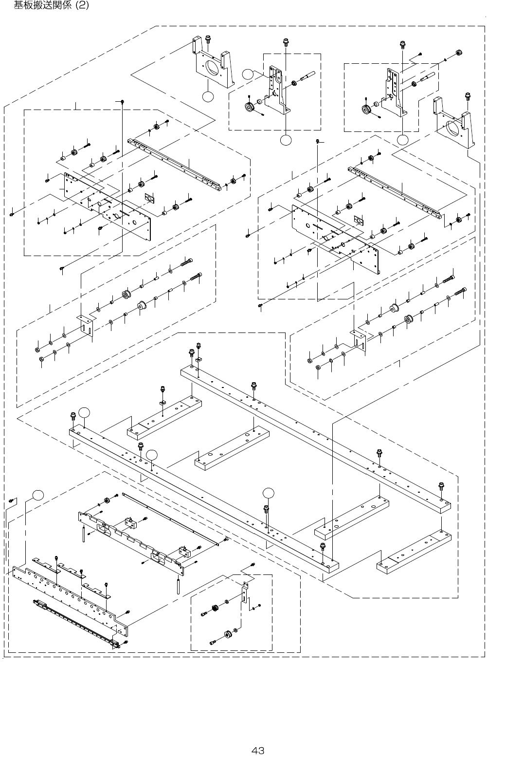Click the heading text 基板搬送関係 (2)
click(51, 6)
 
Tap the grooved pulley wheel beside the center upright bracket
click(251, 107)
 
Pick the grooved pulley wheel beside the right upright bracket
click(366, 110)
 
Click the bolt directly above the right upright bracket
click(402, 45)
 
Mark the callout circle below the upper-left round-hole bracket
click(208, 97)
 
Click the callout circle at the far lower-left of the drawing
click(38, 495)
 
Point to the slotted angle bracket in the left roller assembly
click(86, 324)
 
